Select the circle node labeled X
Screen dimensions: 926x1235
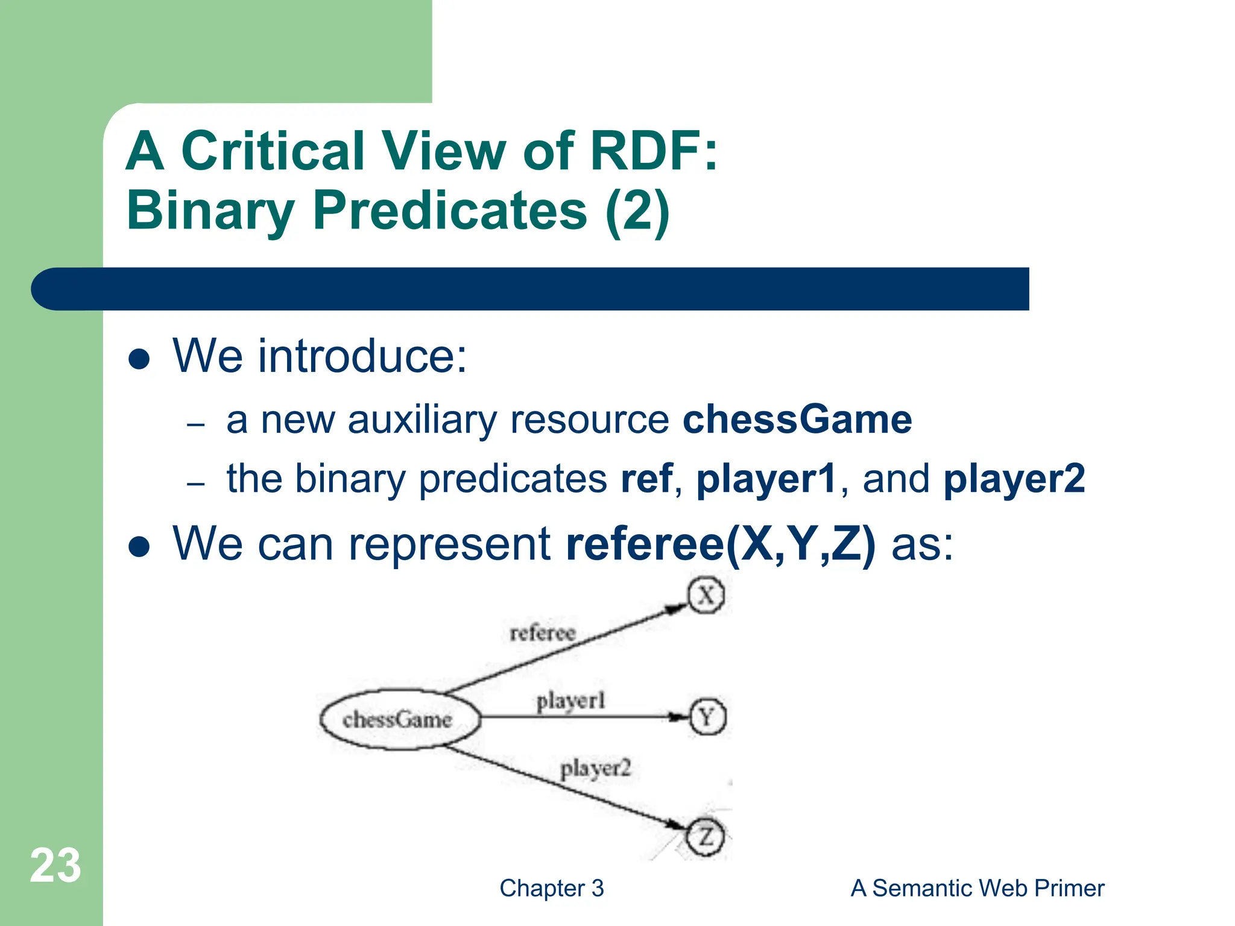tap(706, 596)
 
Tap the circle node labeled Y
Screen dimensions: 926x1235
tap(707, 717)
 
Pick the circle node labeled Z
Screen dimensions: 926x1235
tap(706, 837)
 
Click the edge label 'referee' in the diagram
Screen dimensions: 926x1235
tap(543, 633)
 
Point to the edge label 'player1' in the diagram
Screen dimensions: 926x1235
tap(570, 701)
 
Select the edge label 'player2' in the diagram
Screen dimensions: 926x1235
tap(595, 769)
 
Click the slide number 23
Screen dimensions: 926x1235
tap(55, 866)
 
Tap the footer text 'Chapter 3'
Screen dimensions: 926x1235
tap(551, 888)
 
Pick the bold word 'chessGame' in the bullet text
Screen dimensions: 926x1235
tap(797, 420)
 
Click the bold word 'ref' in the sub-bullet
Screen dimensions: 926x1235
tap(646, 479)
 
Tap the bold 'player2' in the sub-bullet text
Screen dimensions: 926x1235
tap(1014, 479)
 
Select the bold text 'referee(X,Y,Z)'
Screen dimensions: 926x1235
tap(721, 544)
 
